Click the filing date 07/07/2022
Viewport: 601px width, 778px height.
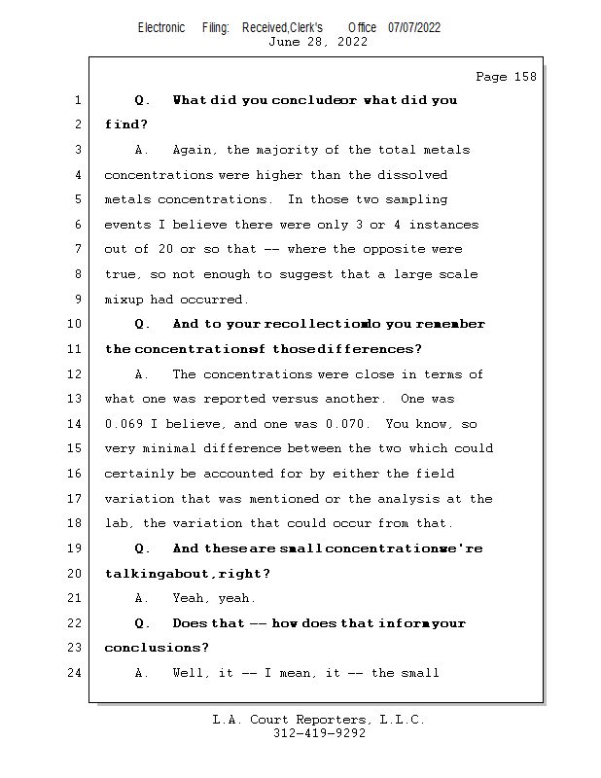[x=414, y=27]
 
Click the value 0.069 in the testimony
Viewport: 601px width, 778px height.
[x=124, y=424]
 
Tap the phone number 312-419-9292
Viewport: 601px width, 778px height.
[x=319, y=733]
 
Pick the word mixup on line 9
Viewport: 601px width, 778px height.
[x=124, y=300]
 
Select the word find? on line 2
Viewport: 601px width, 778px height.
[x=126, y=124]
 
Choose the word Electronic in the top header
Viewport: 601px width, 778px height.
[x=161, y=27]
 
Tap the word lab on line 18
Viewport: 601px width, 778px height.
[x=116, y=524]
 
